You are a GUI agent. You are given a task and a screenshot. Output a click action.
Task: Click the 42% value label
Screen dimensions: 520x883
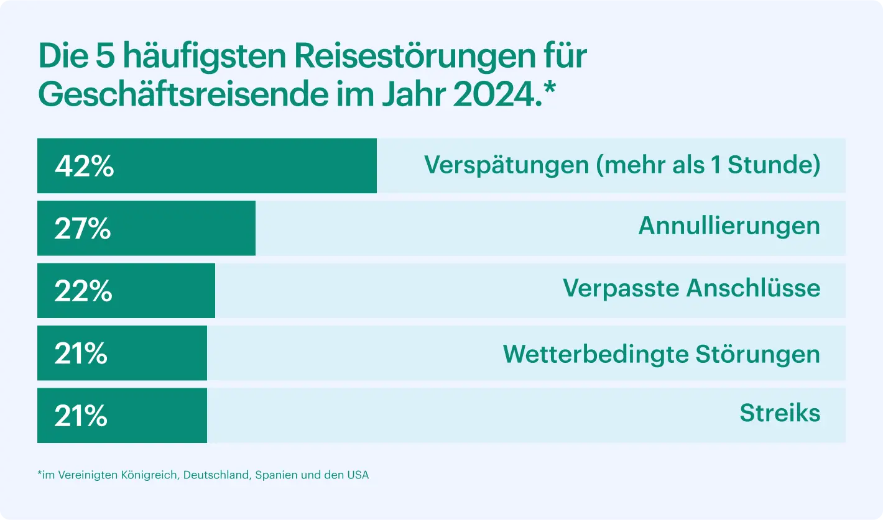pos(85,166)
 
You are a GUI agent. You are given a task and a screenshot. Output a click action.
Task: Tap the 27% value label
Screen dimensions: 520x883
pos(83,229)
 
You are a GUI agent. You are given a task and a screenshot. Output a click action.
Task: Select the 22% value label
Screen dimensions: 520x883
pos(83,291)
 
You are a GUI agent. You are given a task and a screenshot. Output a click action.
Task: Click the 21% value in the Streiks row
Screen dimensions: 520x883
pos(81,416)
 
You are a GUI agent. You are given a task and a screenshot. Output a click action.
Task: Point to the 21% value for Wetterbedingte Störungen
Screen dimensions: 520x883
pos(81,354)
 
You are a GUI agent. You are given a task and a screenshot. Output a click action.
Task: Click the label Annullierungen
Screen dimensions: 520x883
pos(729,226)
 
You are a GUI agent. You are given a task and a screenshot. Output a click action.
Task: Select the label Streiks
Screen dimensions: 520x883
pos(780,413)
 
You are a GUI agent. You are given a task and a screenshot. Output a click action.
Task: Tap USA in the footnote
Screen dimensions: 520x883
pos(358,475)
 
